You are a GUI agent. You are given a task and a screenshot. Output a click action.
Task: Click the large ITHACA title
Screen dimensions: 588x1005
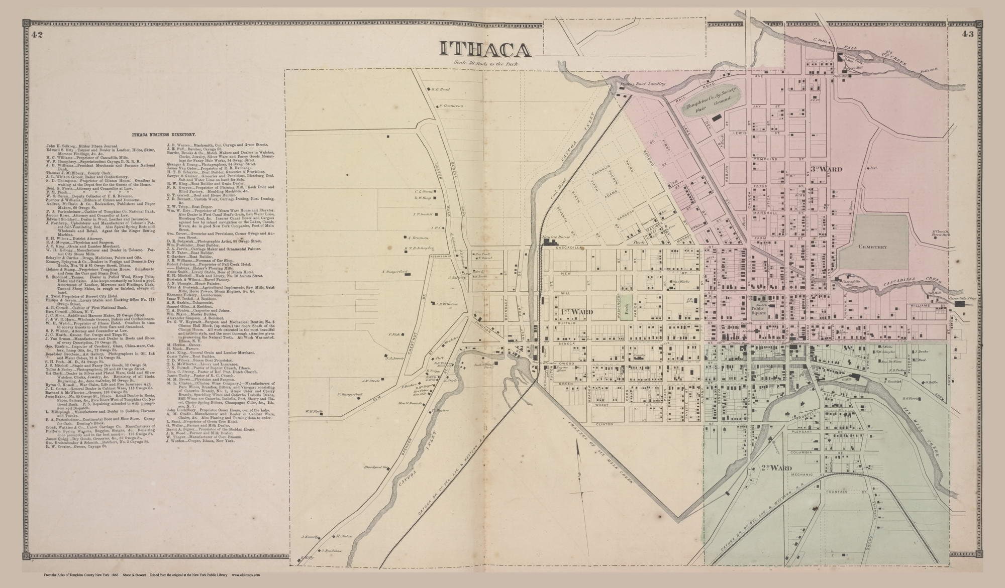pos(485,49)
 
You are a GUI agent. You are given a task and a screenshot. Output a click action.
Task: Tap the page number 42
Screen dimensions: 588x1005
pos(36,35)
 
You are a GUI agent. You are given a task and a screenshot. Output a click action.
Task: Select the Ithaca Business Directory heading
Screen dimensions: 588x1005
pos(163,135)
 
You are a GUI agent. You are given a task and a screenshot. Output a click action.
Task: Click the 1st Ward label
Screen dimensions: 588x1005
pos(576,312)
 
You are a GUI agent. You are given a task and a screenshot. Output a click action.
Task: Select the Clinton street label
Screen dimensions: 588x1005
pos(605,424)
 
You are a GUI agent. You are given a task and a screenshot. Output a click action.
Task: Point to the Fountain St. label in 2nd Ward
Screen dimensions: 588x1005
pos(837,492)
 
